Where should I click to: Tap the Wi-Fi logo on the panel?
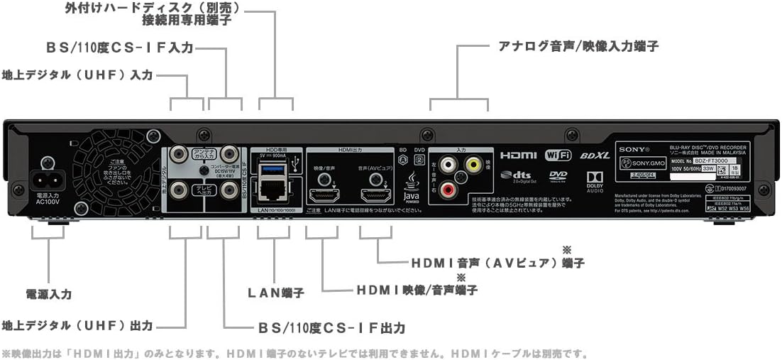click(558, 155)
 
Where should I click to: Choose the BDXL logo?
click(594, 155)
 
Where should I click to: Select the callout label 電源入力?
click(48, 293)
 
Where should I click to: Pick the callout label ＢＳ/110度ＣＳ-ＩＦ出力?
click(332, 328)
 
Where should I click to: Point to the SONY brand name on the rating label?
click(634, 149)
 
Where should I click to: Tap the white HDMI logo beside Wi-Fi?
click(518, 155)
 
